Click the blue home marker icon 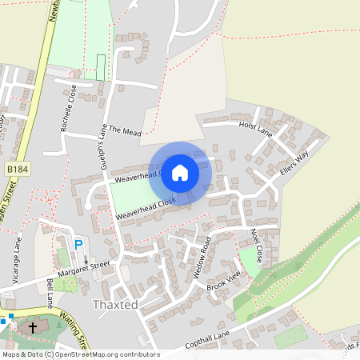tap(180, 172)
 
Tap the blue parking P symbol tap(78, 244)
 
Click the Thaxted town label tap(116, 305)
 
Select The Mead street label tap(125, 130)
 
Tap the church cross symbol tap(33, 327)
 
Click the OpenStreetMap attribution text tap(80, 354)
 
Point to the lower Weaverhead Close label tap(145, 210)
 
